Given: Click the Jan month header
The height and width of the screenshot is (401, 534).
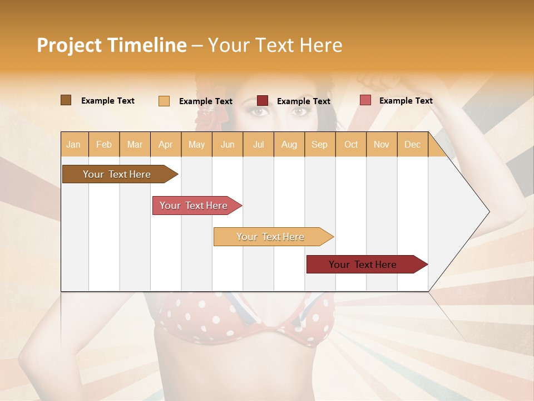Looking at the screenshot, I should pos(73,145).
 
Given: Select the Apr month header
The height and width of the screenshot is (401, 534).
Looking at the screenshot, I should pos(166,145).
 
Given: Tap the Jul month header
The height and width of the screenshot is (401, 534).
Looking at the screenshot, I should pos(258,145).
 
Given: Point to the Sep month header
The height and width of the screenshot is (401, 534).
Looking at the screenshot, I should pos(320,145).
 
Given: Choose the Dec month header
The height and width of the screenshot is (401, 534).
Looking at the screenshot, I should pos(412,145).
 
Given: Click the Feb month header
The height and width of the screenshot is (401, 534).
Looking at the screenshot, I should pos(104,145).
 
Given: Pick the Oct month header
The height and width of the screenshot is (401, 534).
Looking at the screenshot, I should pos(351,145).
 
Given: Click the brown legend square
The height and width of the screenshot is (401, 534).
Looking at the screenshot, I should pos(66,100).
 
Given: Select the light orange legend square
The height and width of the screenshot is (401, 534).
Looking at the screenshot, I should pos(164,101).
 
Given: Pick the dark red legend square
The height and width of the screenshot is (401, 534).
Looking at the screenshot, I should pos(263,101).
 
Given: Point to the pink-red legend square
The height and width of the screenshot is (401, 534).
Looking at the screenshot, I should pos(365,100).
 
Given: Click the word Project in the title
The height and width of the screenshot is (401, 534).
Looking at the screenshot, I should pos(69,45).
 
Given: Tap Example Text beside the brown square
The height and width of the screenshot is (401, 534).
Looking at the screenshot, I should pos(108,101).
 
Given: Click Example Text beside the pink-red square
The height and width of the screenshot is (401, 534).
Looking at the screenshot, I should pos(406,101).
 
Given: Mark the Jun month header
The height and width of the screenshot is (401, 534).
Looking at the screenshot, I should pos(228,145).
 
